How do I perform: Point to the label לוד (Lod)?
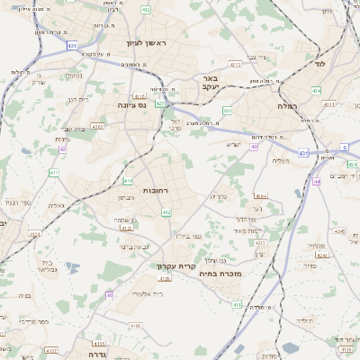pos(319,64)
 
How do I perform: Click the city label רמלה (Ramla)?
pos(309,105)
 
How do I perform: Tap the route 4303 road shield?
pos(97,127)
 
